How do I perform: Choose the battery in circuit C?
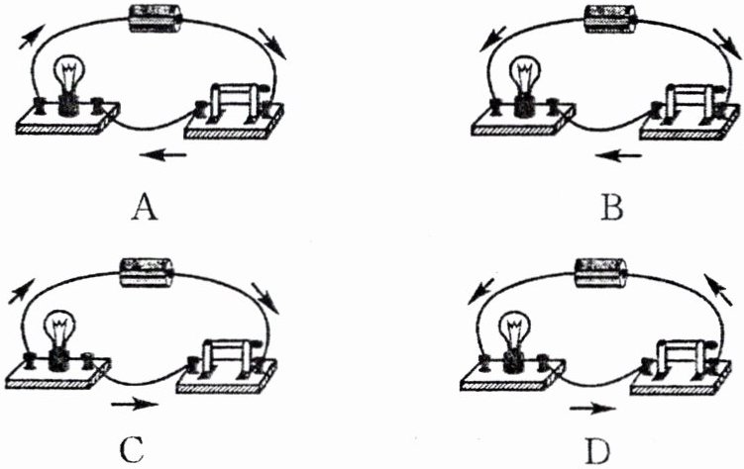(x=147, y=269)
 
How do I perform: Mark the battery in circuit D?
(x=601, y=269)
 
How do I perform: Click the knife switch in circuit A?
(x=236, y=105)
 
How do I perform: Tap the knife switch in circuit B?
(x=690, y=107)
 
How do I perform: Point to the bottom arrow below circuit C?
(x=133, y=404)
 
